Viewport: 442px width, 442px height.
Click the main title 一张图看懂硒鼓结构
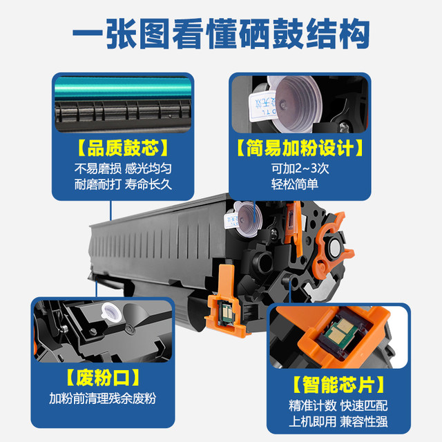pos(221,33)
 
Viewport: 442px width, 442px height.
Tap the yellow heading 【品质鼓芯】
pos(123,148)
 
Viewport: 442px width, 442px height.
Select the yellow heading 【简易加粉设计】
pos(300,148)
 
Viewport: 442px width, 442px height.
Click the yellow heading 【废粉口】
pos(103,377)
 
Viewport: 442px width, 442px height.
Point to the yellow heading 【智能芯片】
pos(338,385)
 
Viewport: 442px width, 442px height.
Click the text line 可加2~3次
pos(300,169)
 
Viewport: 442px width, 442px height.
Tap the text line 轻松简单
pos(295,184)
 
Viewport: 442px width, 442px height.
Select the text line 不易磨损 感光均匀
pos(123,169)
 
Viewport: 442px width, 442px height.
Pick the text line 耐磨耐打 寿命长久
pos(123,184)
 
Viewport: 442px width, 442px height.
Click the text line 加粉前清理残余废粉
pos(103,398)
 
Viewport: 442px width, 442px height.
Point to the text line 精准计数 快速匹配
pos(338,405)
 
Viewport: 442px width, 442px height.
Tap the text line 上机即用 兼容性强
pos(338,422)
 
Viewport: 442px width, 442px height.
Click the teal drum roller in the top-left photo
pos(123,88)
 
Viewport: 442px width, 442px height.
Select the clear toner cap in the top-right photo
pos(296,104)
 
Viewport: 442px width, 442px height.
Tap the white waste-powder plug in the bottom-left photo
pos(112,312)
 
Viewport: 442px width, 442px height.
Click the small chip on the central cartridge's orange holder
pos(227,311)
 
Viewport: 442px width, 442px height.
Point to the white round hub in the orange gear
pos(335,248)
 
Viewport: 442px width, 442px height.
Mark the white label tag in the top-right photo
pos(262,106)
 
